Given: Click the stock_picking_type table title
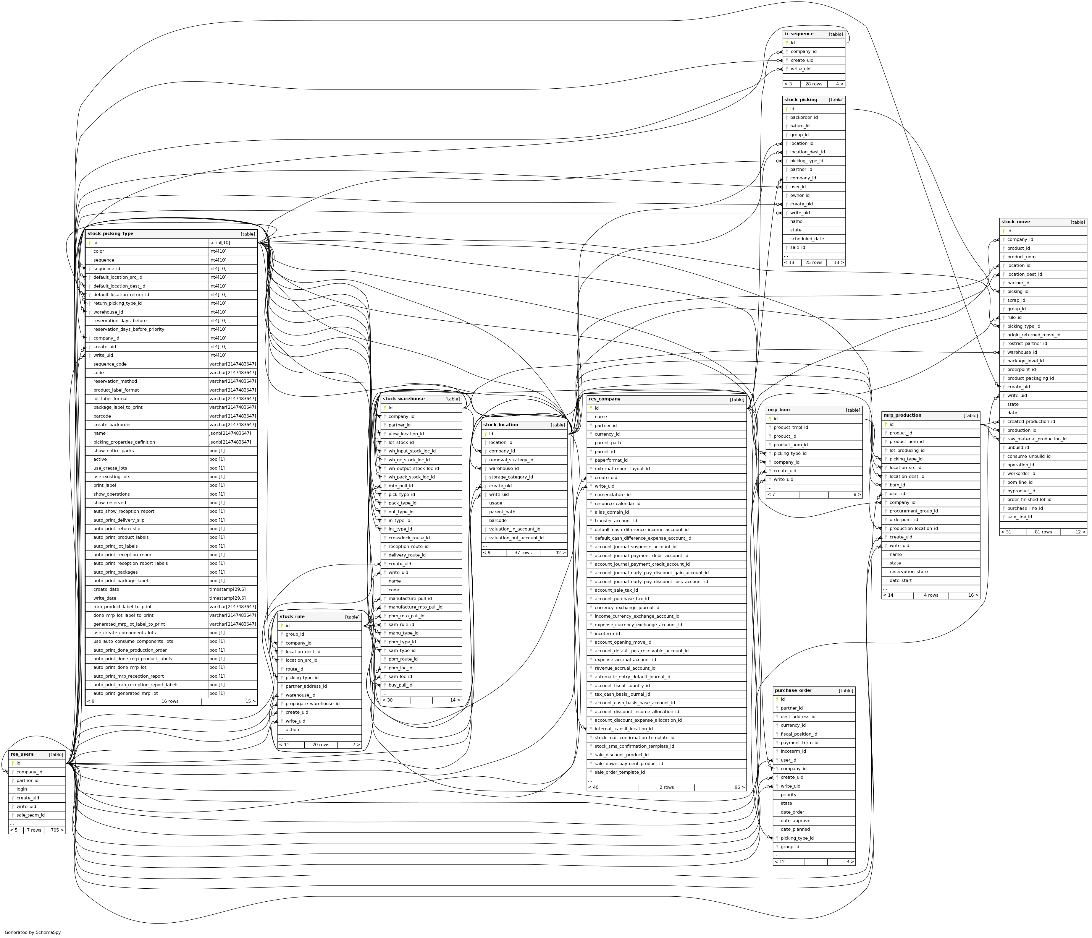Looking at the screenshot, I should pyautogui.click(x=111, y=233).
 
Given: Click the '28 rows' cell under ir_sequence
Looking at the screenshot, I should pyautogui.click(x=814, y=84).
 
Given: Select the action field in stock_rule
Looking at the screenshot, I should pyautogui.click(x=293, y=729).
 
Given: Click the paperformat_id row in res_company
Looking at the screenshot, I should pyautogui.click(x=611, y=460).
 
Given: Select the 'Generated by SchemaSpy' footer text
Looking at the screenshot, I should pyautogui.click(x=33, y=932).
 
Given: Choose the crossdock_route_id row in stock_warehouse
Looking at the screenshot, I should pyautogui.click(x=409, y=538).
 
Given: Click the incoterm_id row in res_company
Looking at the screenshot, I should pyautogui.click(x=607, y=634).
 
